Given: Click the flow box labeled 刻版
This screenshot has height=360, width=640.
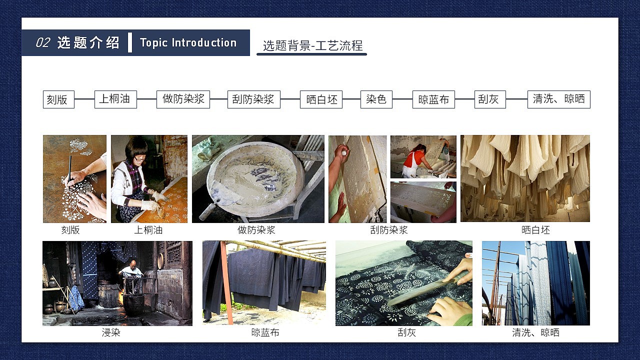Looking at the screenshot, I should tap(58, 99).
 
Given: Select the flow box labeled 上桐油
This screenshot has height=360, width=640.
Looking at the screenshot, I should tap(115, 99).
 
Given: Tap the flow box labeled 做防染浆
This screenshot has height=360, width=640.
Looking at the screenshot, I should tap(183, 99).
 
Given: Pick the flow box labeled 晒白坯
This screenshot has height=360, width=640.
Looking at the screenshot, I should tap(321, 99).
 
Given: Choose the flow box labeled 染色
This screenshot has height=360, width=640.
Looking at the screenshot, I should tap(376, 99).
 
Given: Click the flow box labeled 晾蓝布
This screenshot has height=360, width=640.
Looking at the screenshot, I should tap(433, 99).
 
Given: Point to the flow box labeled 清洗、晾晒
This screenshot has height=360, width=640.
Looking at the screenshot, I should tap(558, 99).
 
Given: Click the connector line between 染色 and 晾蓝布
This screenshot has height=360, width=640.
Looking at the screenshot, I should tap(402, 99).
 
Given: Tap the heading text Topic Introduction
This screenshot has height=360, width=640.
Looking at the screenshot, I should tap(188, 43).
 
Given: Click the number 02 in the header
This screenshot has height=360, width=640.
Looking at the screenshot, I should tap(42, 43).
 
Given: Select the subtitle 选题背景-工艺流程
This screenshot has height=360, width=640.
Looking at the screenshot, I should tap(312, 46).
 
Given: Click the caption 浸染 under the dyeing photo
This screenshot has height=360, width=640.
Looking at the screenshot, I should tap(111, 332).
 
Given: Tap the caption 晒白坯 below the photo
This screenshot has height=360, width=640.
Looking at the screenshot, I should tap(535, 230).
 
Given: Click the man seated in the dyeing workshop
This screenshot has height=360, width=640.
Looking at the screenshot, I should tap(131, 270).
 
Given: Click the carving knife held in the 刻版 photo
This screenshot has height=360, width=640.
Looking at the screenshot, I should tap(69, 165).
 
